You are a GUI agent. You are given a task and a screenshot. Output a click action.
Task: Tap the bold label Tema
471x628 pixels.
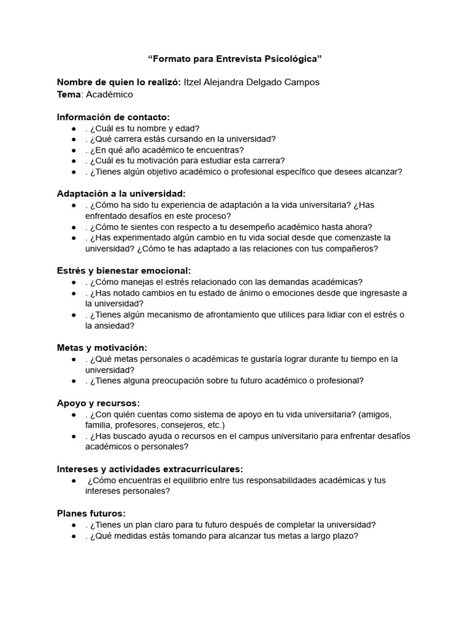(69, 94)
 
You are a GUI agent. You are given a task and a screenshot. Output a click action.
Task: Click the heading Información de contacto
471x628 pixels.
(113, 117)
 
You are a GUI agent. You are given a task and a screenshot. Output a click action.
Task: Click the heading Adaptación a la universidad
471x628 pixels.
(121, 194)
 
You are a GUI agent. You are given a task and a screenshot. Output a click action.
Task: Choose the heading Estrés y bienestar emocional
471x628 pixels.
(124, 270)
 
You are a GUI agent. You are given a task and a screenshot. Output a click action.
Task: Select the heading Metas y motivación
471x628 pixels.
(102, 348)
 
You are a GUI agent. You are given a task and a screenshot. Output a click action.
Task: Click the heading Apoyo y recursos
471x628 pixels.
(98, 403)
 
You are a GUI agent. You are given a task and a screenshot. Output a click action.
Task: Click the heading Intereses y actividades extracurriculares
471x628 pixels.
(150, 469)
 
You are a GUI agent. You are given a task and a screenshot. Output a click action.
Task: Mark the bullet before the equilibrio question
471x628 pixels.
(74, 480)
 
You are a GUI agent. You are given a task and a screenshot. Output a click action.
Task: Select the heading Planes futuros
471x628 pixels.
(91, 513)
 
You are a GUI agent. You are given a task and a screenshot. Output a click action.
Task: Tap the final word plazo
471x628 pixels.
(343, 535)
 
